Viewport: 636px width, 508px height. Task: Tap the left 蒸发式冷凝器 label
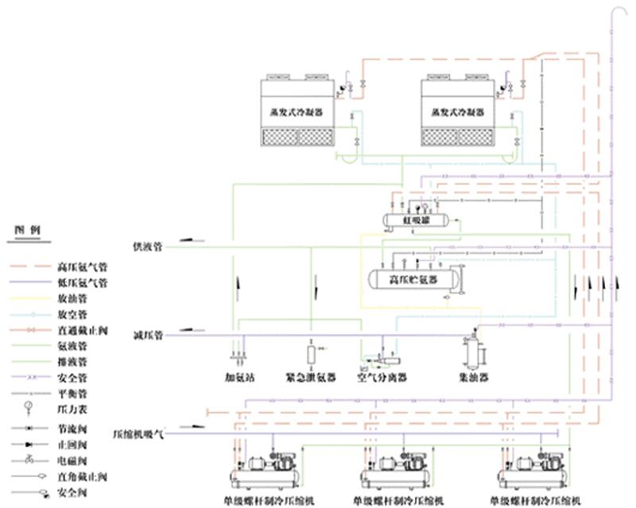point(298,113)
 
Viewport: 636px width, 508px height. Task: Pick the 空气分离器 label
point(382,378)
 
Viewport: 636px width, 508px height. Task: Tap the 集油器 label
point(474,378)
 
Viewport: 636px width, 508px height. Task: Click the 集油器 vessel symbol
point(474,349)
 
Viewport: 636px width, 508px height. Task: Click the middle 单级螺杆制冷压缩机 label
point(396,501)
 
